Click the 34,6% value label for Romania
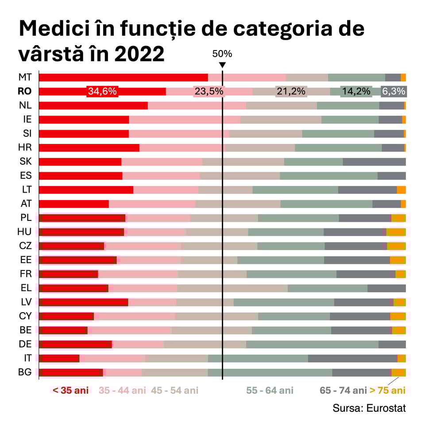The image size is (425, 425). pos(102,92)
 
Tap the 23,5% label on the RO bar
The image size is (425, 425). pos(208,92)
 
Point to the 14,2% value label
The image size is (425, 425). pos(356,92)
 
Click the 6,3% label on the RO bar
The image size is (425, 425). pos(393,92)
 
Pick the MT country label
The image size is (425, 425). pos(25,77)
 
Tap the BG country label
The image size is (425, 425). pos(25,372)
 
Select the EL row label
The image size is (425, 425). pos(26,288)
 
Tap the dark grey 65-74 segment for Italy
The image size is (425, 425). pos(352,358)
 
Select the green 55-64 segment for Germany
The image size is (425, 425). pos(312,344)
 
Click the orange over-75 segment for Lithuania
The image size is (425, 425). pos(401,190)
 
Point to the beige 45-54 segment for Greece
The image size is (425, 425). pos(232,288)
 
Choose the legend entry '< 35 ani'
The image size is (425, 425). pos(71,390)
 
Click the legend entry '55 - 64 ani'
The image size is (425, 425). pos(270,390)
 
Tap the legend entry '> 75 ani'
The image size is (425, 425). pos(387,390)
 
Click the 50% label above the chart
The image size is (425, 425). pos(222,54)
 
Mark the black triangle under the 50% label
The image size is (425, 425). pos(222,65)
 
